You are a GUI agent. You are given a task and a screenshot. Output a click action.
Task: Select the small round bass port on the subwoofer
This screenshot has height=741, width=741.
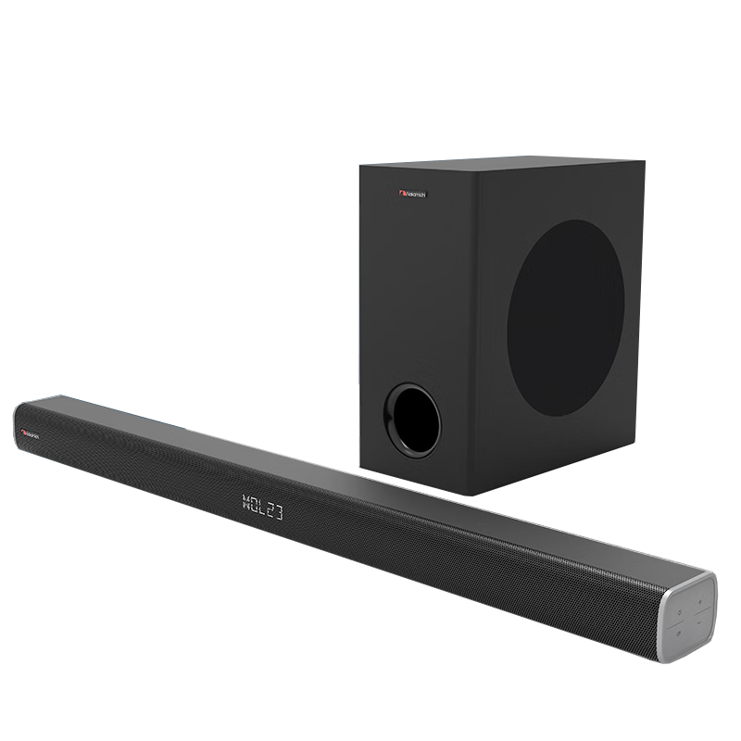[413, 420]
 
